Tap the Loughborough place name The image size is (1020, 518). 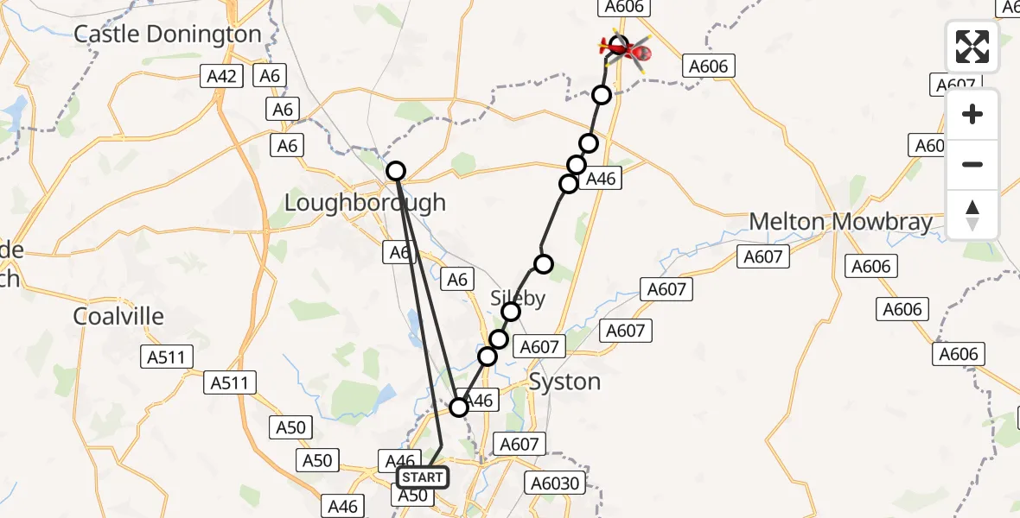click(x=366, y=203)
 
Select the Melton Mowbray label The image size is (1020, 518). click(x=840, y=222)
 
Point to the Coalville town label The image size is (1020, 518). click(x=118, y=316)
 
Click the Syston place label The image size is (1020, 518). click(x=564, y=382)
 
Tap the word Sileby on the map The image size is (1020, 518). click(x=519, y=299)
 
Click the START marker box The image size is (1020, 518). click(x=423, y=477)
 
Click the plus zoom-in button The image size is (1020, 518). click(x=972, y=114)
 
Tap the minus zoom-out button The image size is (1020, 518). click(x=972, y=164)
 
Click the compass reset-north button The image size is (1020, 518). click(x=972, y=215)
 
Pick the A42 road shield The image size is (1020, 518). click(x=222, y=76)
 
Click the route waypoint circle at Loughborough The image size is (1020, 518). click(x=396, y=171)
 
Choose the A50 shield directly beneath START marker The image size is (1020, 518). click(x=412, y=496)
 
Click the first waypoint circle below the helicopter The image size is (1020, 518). click(x=602, y=95)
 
